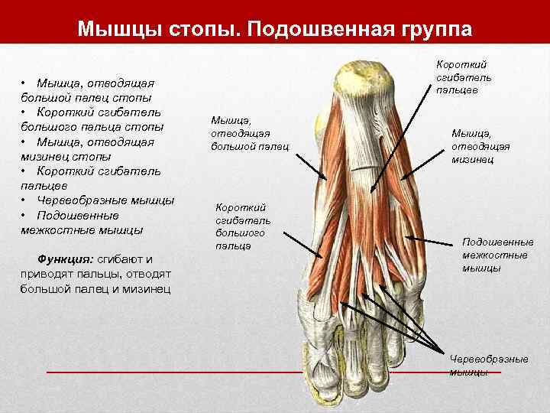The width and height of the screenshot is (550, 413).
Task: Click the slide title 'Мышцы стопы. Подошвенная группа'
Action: (x=275, y=29)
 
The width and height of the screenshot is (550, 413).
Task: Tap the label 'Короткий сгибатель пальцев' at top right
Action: (x=463, y=77)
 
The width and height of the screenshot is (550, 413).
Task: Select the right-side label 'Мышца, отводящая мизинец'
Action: (x=480, y=145)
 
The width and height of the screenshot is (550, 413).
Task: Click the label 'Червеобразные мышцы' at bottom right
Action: (x=478, y=365)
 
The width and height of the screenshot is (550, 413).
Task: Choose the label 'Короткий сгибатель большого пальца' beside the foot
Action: (x=242, y=226)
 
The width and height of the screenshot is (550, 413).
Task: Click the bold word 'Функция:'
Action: (x=66, y=259)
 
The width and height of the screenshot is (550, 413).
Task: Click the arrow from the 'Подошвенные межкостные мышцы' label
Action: (x=431, y=242)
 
